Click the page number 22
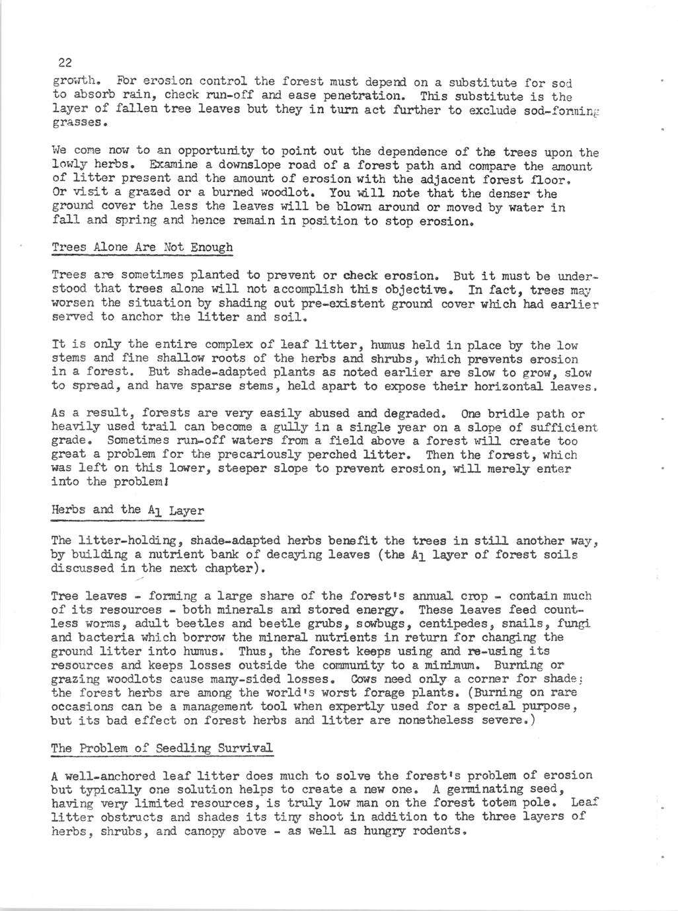[65, 63]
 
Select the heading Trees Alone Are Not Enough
[142, 248]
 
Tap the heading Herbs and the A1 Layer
[127, 510]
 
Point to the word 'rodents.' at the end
[438, 830]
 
